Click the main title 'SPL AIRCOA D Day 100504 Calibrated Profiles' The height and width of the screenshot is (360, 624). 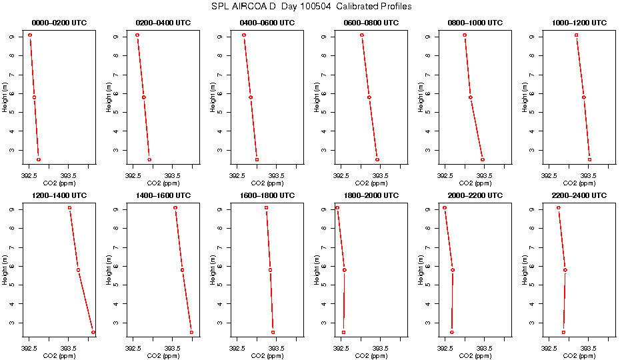pos(311,6)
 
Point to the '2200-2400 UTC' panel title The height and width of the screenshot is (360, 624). pos(578,195)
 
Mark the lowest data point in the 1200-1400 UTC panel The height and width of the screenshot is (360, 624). pos(93,332)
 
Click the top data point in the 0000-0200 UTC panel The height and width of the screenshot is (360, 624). pos(30,35)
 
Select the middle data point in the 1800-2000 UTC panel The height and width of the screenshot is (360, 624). pos(345,270)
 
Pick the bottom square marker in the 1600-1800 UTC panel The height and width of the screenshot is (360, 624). pos(273,332)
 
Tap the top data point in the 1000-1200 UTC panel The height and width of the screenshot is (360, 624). pos(577,35)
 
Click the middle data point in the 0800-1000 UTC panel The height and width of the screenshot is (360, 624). pos(471,97)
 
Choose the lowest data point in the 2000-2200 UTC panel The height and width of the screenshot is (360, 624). pos(451,332)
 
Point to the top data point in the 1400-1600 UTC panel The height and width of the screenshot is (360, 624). pos(175,208)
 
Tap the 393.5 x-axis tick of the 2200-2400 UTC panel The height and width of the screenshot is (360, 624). pos(589,348)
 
